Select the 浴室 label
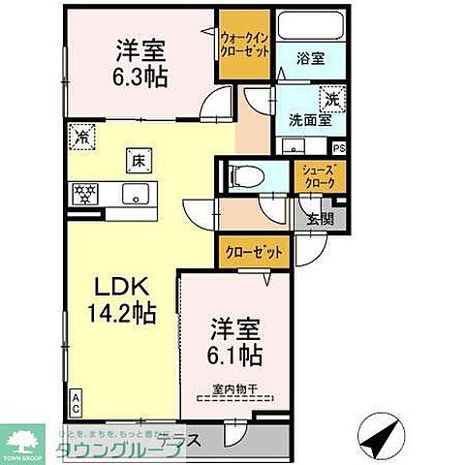(311, 58)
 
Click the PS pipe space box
(338, 148)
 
